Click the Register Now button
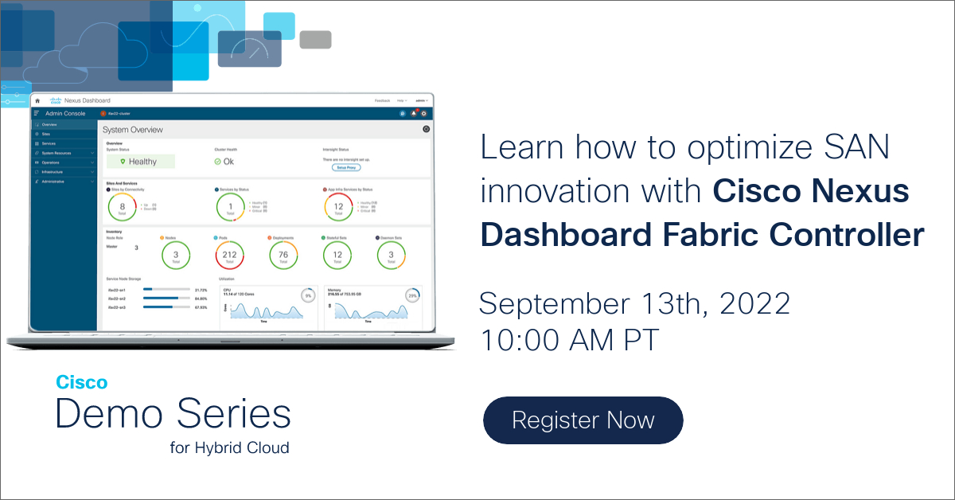[x=583, y=420]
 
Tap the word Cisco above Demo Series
[x=81, y=383]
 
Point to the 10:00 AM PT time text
[x=570, y=340]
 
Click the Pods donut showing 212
[x=230, y=256]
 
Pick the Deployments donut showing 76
[x=283, y=256]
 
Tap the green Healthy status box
[x=141, y=162]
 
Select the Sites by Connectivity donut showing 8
[x=123, y=207]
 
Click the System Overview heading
[x=134, y=130]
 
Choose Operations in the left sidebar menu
[x=57, y=162]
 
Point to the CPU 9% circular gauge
[x=307, y=295]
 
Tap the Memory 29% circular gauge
[x=411, y=295]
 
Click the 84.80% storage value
[x=200, y=299]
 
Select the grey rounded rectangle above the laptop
[x=315, y=40]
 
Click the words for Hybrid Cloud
[x=229, y=447]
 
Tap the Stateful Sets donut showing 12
[x=337, y=256]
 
